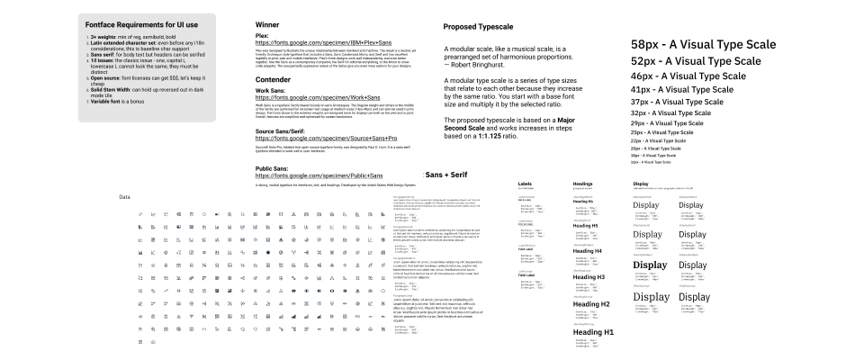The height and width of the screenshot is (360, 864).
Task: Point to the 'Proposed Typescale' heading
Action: click(x=484, y=27)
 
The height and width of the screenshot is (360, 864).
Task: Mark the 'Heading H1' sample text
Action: click(x=594, y=332)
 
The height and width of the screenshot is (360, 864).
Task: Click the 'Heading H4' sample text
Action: click(x=591, y=250)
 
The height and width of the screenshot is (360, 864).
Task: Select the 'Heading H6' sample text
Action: click(x=588, y=202)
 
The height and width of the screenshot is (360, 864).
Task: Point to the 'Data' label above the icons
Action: click(x=124, y=196)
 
